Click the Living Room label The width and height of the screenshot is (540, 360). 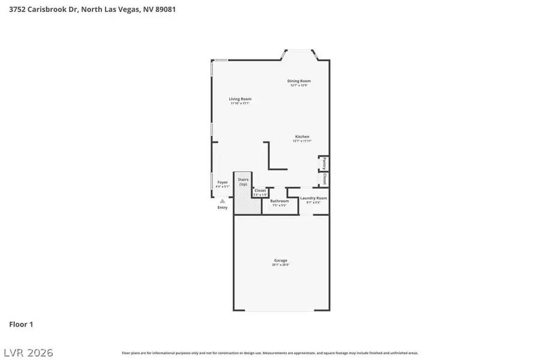pos(240,99)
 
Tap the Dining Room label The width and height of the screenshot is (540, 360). pos(299,81)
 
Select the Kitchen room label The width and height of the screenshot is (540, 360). pos(302,137)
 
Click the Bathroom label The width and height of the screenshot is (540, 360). pos(279,201)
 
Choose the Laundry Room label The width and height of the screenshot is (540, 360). pos(314,198)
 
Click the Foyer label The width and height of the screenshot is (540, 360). pos(223,182)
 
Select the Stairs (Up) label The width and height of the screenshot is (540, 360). pos(243,182)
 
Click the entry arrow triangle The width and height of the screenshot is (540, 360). pos(223,201)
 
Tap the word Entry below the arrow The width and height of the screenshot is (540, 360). pos(223,208)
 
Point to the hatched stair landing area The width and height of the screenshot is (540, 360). pos(247,205)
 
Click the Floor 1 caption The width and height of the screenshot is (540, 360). pos(21,325)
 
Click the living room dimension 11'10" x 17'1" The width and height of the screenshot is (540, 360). pos(240,103)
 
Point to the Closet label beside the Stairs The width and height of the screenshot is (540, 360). pos(260,191)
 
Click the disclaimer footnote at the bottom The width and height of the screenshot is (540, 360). pos(270,353)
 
